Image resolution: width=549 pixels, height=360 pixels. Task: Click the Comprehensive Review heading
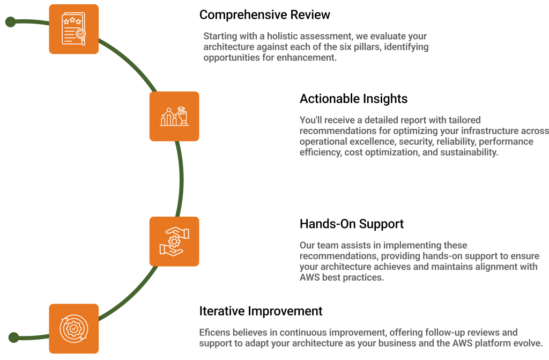pyautogui.click(x=264, y=14)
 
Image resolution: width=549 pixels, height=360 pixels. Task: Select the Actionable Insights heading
pyautogui.click(x=353, y=99)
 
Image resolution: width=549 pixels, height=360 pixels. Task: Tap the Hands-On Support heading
pyautogui.click(x=352, y=224)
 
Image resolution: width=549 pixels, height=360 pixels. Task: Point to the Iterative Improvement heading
pyautogui.click(x=261, y=311)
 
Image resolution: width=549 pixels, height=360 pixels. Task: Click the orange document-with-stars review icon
pyautogui.click(x=73, y=28)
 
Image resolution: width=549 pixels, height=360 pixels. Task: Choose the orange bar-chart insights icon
pyautogui.click(x=174, y=116)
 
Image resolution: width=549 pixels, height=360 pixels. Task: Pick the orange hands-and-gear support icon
pyautogui.click(x=174, y=241)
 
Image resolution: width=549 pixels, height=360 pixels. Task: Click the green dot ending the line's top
pyautogui.click(x=10, y=22)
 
